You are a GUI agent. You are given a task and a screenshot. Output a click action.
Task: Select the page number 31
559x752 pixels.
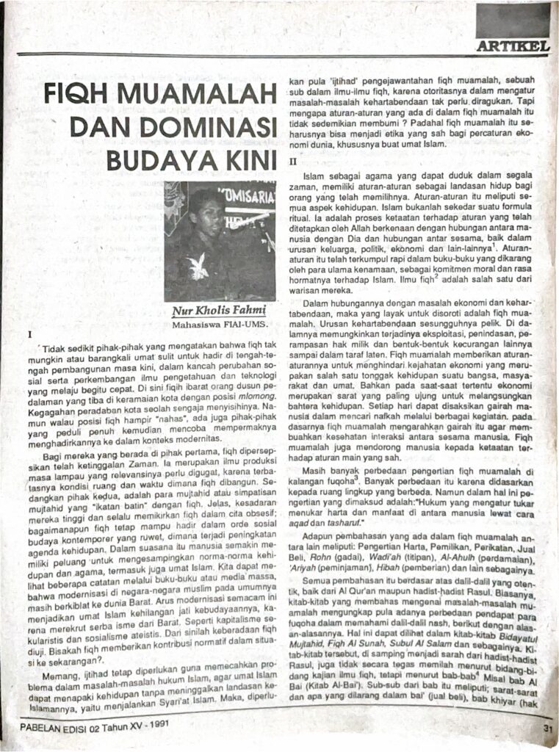pos(547,728)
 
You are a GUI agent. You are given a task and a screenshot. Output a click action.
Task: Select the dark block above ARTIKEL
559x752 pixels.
pos(513,21)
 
